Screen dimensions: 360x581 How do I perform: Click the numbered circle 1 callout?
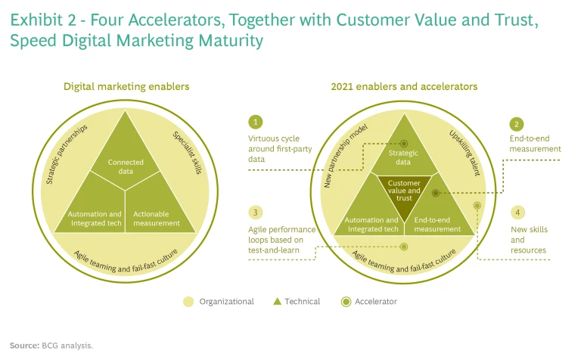pos(256,122)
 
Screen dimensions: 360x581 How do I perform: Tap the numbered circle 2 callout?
pos(517,123)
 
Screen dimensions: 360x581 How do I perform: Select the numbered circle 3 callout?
pos(256,213)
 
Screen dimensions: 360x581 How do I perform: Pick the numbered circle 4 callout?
pos(517,213)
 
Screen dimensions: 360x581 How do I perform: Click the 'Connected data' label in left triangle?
pos(126,166)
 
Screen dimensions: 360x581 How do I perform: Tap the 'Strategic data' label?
pos(404,157)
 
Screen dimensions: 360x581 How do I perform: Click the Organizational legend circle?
pos(189,302)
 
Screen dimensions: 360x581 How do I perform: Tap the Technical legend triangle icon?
pos(278,302)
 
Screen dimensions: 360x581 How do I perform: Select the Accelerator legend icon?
pos(346,302)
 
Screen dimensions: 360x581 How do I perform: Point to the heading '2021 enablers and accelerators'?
pos(404,86)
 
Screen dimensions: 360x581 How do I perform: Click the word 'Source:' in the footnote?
pos(24,346)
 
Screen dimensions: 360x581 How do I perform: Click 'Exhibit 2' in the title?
pos(41,20)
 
